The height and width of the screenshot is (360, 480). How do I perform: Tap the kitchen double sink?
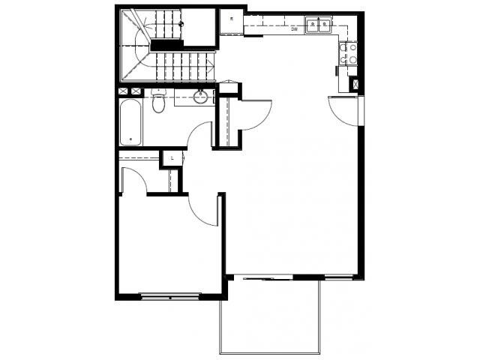coord(322,25)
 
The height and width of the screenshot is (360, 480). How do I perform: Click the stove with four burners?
coord(346,52)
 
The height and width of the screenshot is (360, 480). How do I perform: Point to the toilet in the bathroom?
coord(158,102)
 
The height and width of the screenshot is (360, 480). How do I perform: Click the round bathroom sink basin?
coord(201,97)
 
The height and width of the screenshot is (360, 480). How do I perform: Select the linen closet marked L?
coord(173,158)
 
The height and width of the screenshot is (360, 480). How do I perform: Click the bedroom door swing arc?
coord(201,207)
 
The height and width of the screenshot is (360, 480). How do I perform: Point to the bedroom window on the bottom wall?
coord(171,297)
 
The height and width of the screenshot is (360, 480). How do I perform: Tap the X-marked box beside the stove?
coord(355,85)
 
